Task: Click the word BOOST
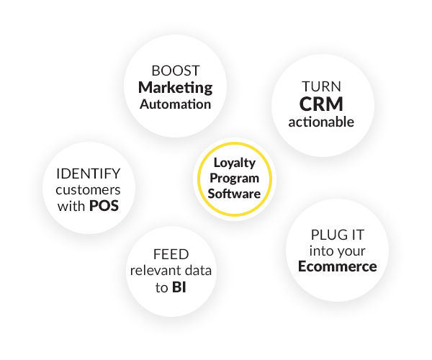click(176, 71)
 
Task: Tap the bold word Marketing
click(176, 88)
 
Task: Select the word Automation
click(176, 104)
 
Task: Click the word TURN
click(321, 85)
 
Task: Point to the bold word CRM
click(321, 104)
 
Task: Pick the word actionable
click(321, 122)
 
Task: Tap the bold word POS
click(104, 207)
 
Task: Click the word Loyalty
click(229, 164)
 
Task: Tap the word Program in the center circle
click(229, 179)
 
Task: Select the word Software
click(229, 193)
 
